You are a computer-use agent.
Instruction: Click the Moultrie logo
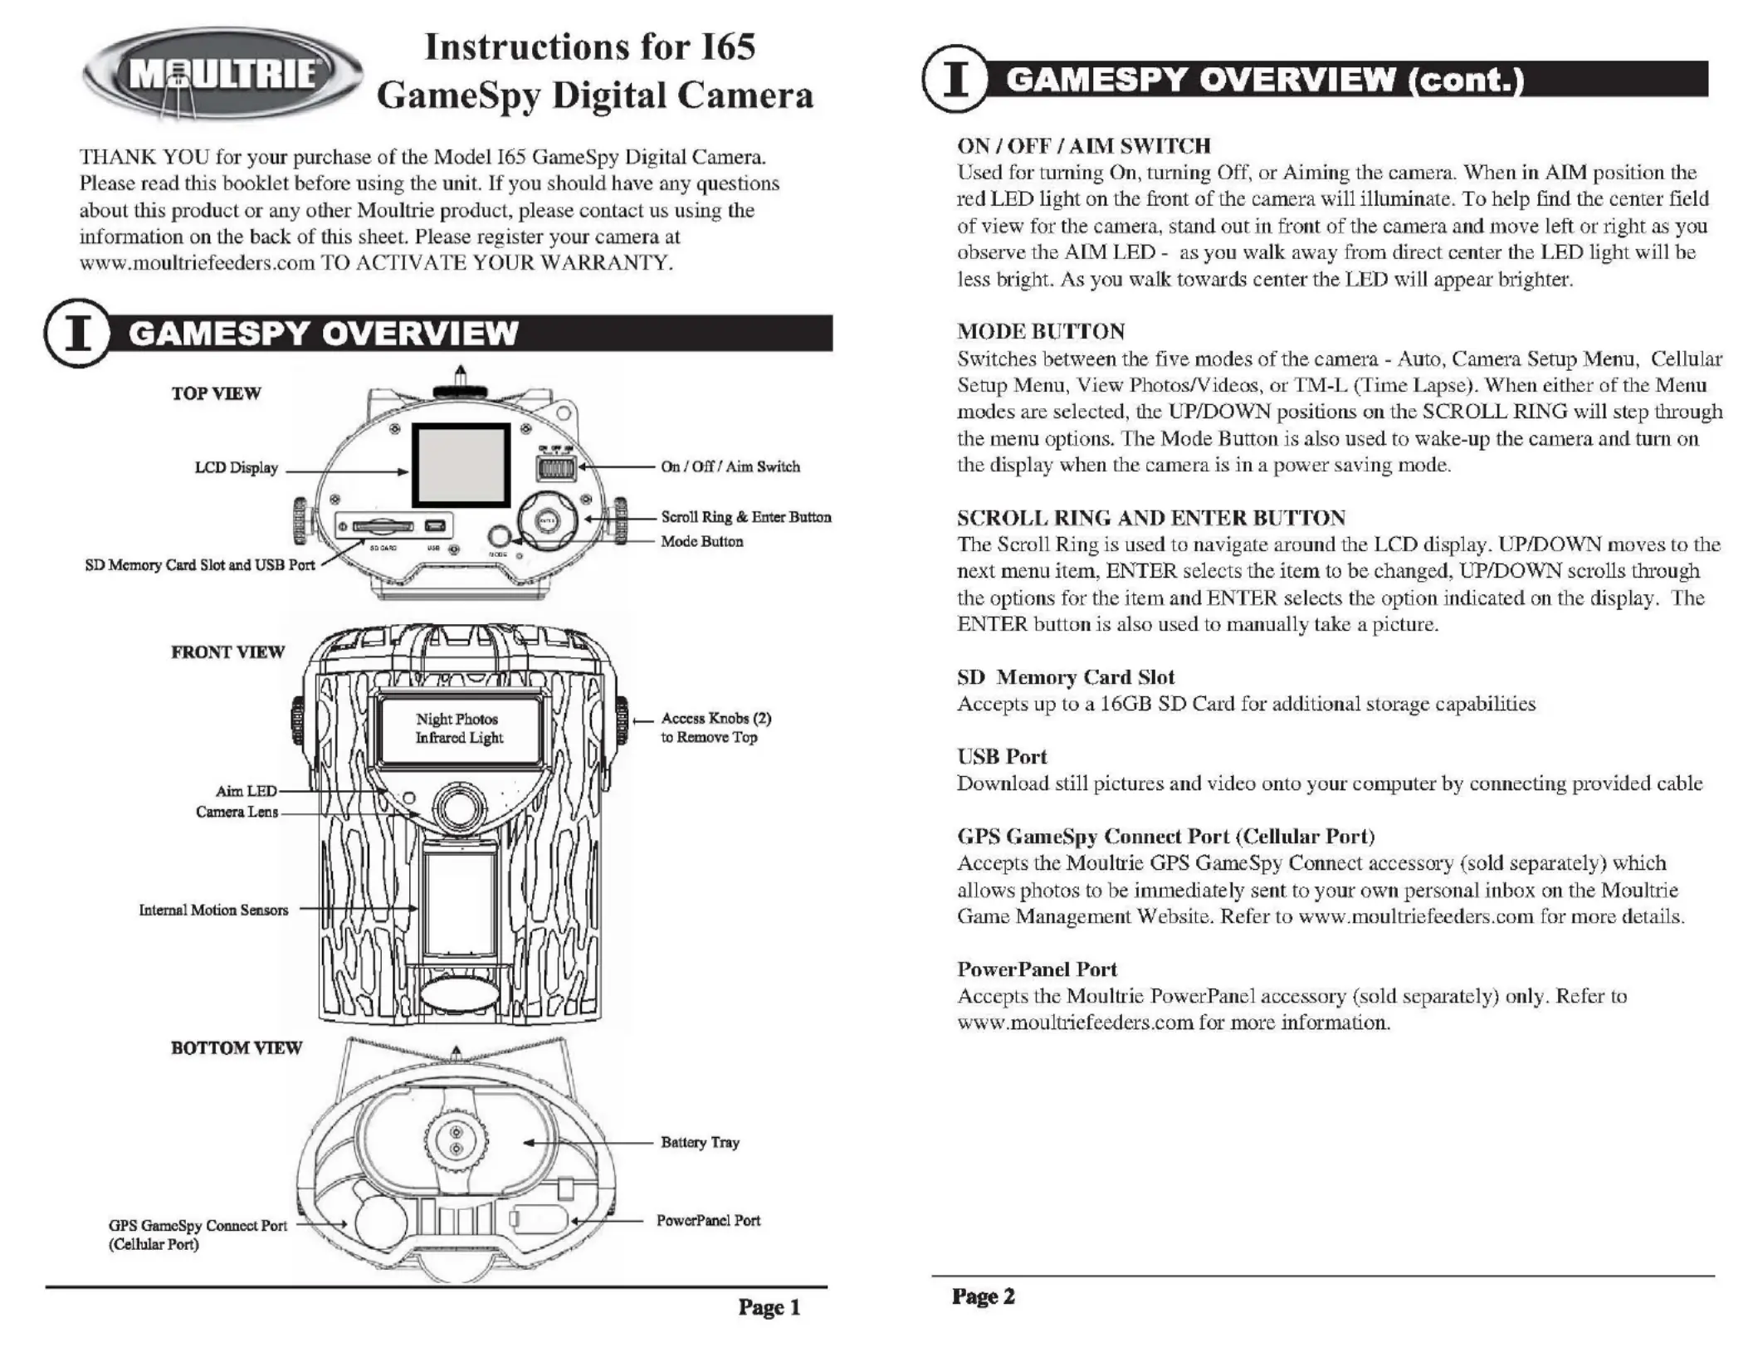pyautogui.click(x=222, y=75)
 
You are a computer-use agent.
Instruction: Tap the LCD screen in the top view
pyautogui.click(x=461, y=465)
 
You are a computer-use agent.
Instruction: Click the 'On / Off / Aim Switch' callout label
pyautogui.click(x=730, y=466)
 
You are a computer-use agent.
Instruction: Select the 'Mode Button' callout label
pyautogui.click(x=701, y=541)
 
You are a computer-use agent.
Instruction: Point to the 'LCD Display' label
pyautogui.click(x=236, y=468)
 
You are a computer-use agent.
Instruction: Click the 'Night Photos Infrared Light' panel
pyautogui.click(x=459, y=728)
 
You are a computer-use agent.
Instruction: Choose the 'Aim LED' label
pyautogui.click(x=246, y=791)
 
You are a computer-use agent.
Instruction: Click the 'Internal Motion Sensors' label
pyautogui.click(x=213, y=910)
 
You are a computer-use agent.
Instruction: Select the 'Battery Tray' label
pyautogui.click(x=700, y=1142)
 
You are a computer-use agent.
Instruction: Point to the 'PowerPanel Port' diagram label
pyautogui.click(x=708, y=1220)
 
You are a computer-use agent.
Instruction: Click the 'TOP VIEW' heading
pyautogui.click(x=216, y=393)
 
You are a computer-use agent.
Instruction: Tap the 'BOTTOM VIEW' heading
pyautogui.click(x=237, y=1047)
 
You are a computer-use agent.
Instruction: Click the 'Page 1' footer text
pyautogui.click(x=769, y=1308)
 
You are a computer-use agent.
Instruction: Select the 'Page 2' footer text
pyautogui.click(x=983, y=1296)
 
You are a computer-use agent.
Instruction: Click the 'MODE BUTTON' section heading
pyautogui.click(x=1041, y=331)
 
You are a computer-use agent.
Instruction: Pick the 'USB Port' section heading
pyautogui.click(x=1002, y=756)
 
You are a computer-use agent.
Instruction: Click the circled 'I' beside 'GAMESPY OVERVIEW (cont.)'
pyautogui.click(x=955, y=79)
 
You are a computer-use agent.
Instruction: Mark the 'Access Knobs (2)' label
pyautogui.click(x=715, y=718)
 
